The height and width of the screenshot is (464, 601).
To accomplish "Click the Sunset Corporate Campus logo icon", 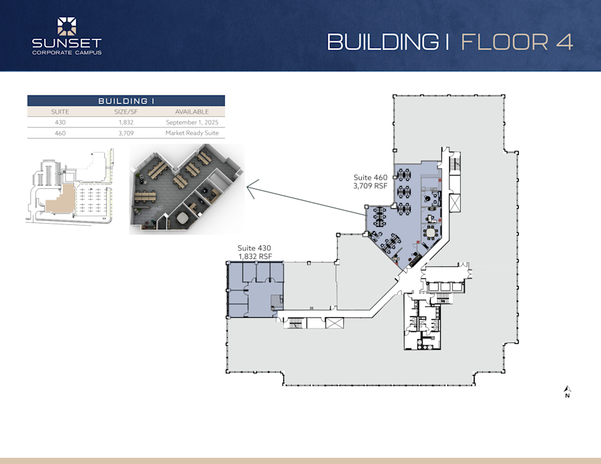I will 67,26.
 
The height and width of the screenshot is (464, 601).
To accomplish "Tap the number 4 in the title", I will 563,41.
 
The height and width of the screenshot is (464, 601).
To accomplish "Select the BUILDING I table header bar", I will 126,101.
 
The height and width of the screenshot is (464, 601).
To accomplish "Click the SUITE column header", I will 61,112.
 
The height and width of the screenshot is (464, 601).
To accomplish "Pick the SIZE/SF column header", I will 127,112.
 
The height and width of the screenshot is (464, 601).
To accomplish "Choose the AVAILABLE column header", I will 192,112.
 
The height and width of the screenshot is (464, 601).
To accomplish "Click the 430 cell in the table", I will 61,123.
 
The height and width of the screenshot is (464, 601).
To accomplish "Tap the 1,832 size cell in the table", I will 127,123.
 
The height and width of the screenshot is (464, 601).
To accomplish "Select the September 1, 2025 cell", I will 192,123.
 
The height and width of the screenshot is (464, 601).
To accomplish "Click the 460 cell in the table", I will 61,134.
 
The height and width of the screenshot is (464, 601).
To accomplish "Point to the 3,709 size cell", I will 127,134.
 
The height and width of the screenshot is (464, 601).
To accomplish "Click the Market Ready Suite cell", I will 192,134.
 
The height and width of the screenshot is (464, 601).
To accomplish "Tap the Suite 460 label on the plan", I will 371,178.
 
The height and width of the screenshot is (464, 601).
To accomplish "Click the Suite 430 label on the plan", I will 255,248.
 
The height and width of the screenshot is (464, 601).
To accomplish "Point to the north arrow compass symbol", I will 567,389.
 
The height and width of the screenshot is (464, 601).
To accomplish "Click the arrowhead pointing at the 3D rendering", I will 250,188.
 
